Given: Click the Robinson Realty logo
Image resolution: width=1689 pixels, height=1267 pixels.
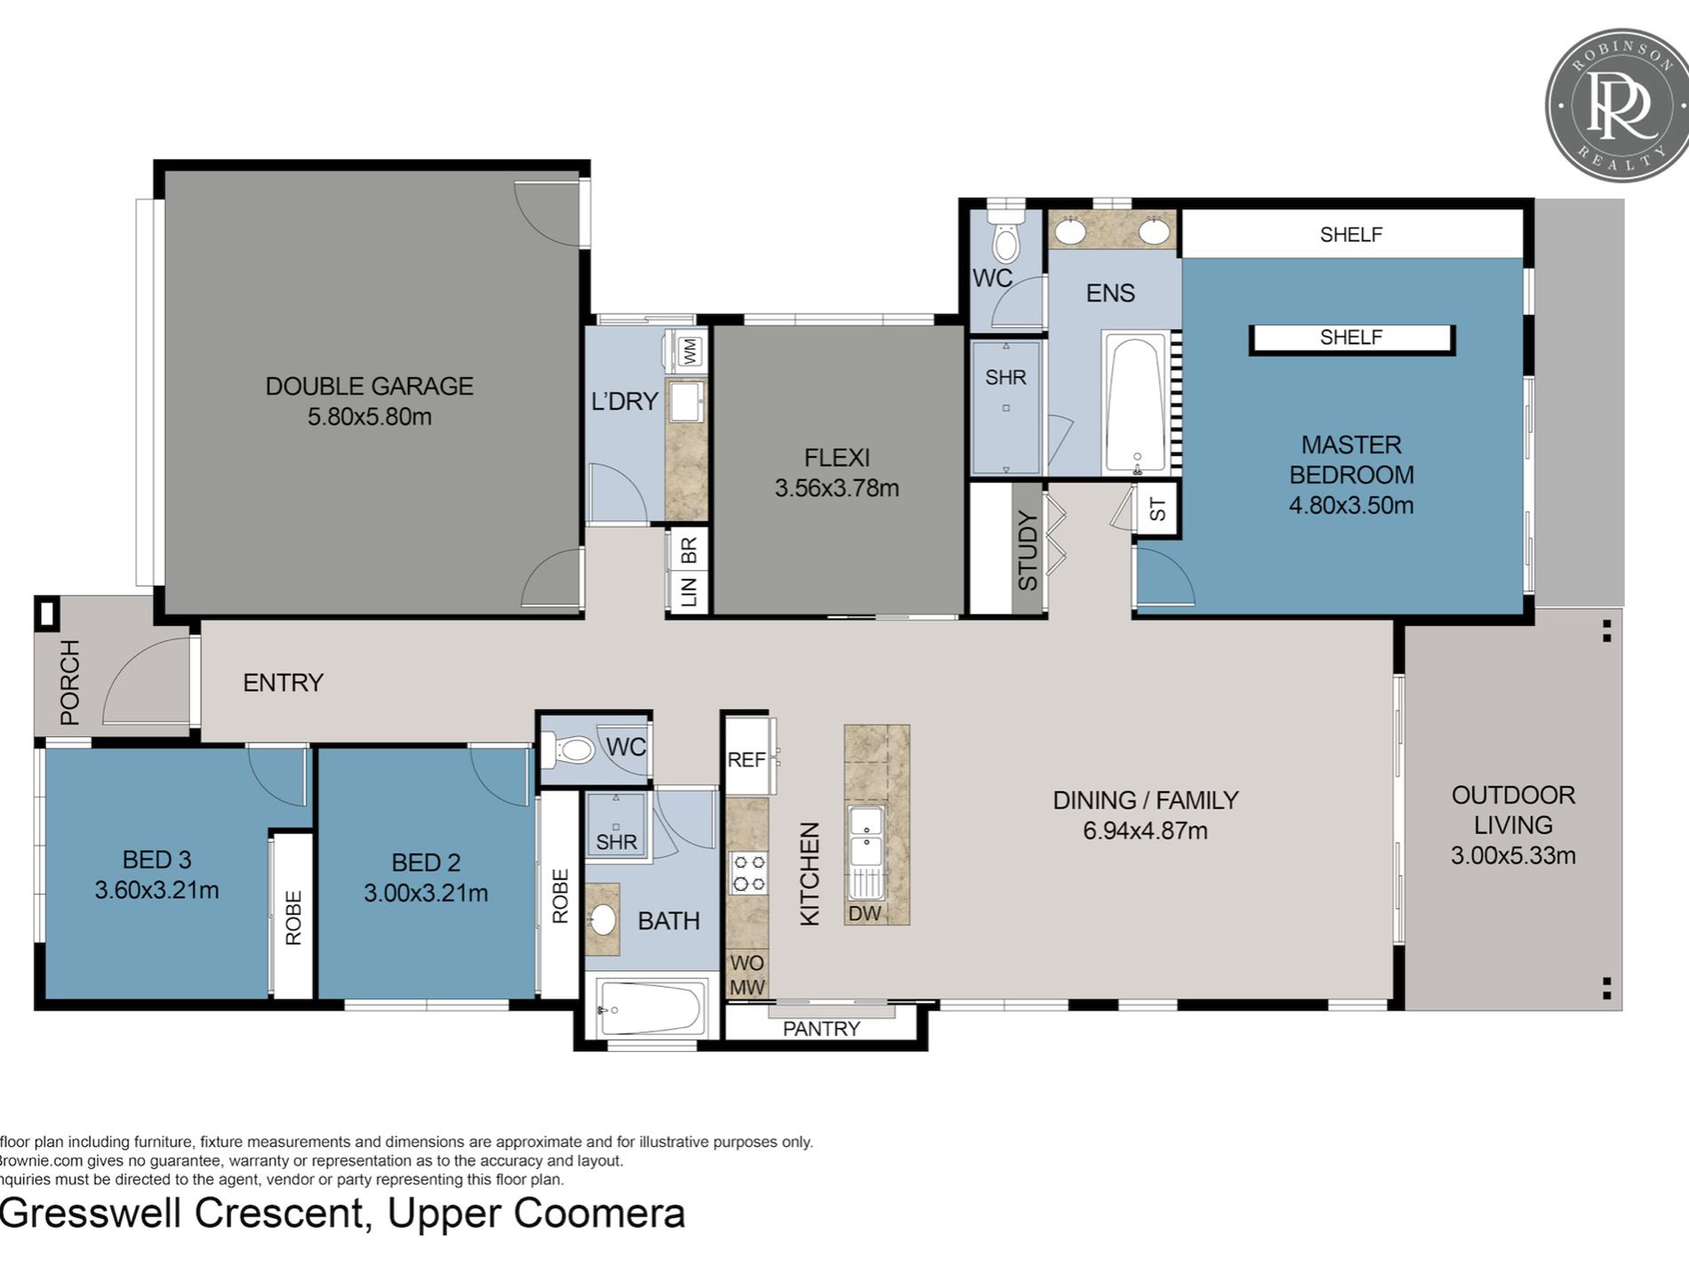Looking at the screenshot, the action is (1617, 106).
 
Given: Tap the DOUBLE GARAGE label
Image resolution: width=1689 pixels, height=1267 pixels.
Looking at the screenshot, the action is (369, 386).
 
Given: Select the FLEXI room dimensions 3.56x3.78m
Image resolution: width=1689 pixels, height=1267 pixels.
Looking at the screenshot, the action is (836, 488).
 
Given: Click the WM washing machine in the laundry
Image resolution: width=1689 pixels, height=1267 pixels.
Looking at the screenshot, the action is (689, 351).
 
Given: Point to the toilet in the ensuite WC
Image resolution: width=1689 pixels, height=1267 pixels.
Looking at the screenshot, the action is (1006, 237).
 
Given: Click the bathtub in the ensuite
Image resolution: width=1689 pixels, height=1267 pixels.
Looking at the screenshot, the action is (1134, 402).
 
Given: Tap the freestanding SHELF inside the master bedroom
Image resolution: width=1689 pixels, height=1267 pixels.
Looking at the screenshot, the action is (1351, 338).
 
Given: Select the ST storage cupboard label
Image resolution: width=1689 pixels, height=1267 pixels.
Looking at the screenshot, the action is (1157, 509).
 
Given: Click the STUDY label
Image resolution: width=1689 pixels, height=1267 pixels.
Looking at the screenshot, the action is (1028, 551).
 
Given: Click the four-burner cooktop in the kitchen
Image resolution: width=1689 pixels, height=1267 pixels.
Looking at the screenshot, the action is (748, 872).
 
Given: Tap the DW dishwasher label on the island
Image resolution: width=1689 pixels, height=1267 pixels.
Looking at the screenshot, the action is (864, 912).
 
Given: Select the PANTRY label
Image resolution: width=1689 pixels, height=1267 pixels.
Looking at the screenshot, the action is (821, 1029).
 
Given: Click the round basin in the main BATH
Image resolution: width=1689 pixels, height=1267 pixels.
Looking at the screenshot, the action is (604, 919).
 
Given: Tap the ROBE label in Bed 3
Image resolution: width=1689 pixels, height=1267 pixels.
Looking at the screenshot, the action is (293, 918).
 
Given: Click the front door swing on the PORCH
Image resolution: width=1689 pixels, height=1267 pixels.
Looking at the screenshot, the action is (142, 680).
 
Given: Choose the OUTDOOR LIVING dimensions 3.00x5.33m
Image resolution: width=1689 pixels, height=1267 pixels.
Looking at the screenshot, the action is (1513, 856).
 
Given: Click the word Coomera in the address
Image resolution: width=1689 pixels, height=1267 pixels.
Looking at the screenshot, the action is (599, 1214).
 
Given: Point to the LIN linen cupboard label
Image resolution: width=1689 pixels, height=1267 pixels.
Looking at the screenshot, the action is (690, 590).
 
